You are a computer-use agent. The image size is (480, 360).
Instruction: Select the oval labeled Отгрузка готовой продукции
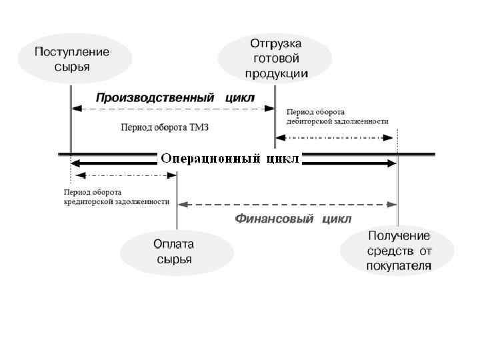pos(276,58)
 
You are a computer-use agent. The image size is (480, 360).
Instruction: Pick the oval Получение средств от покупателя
pos(399,251)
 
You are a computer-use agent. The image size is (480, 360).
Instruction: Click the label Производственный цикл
pos(175,97)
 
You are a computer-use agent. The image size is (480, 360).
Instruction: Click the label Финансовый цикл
pos(293,219)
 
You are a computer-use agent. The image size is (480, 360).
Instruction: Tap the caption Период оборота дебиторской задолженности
pos(337,117)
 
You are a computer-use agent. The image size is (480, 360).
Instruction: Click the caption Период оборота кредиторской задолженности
pos(116,196)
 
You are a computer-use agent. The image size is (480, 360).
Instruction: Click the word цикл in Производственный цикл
pos(240,97)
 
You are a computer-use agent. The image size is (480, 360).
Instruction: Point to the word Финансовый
pos(274,219)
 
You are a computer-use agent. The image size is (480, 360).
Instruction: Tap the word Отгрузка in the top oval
pos(276,43)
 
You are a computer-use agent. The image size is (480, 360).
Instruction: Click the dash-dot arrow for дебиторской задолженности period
pos(335,137)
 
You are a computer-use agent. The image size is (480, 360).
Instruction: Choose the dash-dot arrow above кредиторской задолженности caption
pos(123,175)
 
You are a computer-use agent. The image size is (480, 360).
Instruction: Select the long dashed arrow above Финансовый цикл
pos(287,204)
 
